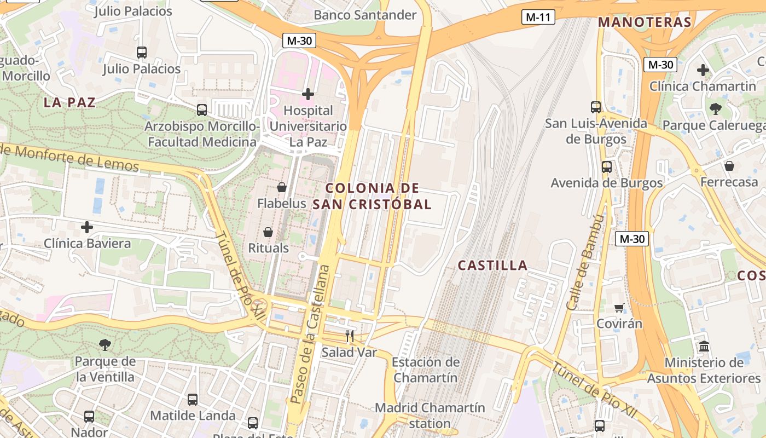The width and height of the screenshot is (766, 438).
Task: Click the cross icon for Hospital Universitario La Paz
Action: pyautogui.click(x=308, y=94)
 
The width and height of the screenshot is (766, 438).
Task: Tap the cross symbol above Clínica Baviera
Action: pyautogui.click(x=87, y=227)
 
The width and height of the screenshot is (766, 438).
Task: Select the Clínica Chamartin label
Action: pyautogui.click(x=703, y=86)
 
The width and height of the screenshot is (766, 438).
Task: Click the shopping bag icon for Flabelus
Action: pyautogui.click(x=282, y=187)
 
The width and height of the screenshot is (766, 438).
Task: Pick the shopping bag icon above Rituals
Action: pyautogui.click(x=268, y=232)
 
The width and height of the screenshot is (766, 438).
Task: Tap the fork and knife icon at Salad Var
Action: pyautogui.click(x=350, y=336)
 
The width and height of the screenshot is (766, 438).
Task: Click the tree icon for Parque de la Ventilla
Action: pyautogui.click(x=105, y=345)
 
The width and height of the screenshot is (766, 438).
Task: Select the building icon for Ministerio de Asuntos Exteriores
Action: pyautogui.click(x=704, y=347)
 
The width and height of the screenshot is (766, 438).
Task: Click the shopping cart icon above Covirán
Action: pyautogui.click(x=619, y=308)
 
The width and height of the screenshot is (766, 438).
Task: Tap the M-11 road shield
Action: pyautogui.click(x=537, y=17)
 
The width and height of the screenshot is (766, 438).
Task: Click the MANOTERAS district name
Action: pyautogui.click(x=645, y=22)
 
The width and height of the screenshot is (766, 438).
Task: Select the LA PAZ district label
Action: pyautogui.click(x=69, y=102)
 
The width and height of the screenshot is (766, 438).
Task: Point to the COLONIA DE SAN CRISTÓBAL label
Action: pyautogui.click(x=372, y=196)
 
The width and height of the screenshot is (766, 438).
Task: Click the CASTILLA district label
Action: pyautogui.click(x=492, y=266)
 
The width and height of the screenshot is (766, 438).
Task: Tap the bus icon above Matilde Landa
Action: pyautogui.click(x=193, y=400)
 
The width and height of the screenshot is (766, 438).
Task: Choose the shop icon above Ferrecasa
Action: pyautogui.click(x=729, y=166)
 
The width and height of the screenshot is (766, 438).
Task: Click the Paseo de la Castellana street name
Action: pyautogui.click(x=310, y=334)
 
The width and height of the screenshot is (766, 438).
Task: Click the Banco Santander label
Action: pyautogui.click(x=365, y=15)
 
